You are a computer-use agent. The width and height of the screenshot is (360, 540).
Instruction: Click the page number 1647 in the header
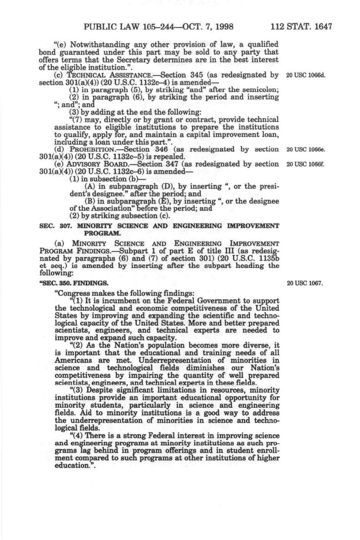pyautogui.click(x=322, y=27)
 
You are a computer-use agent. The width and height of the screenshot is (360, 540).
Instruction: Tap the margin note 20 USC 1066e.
pyautogui.click(x=306, y=149)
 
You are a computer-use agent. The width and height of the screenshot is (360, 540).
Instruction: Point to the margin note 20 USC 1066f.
pyautogui.click(x=306, y=164)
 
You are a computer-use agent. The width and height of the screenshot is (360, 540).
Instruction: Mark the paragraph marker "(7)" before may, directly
pyautogui.click(x=77, y=120)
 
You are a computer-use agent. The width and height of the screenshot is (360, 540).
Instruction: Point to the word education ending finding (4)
pyautogui.click(x=72, y=465)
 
